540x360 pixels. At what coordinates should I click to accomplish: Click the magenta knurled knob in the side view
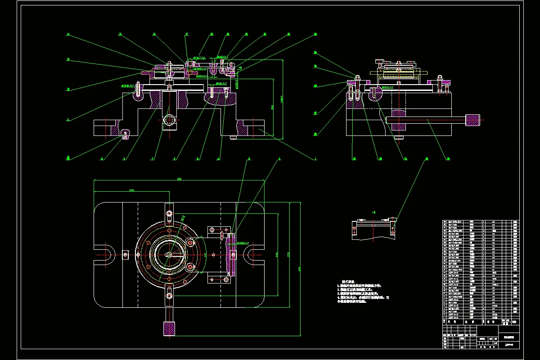point(472,120)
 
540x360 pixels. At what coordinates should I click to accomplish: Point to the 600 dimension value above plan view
point(179,179)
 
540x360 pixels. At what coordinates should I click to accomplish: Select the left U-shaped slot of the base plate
point(104,255)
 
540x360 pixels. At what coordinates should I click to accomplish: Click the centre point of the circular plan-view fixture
point(169,255)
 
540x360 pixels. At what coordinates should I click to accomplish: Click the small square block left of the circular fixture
point(124,255)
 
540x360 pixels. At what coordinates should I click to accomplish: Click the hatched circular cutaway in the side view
point(374,93)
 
